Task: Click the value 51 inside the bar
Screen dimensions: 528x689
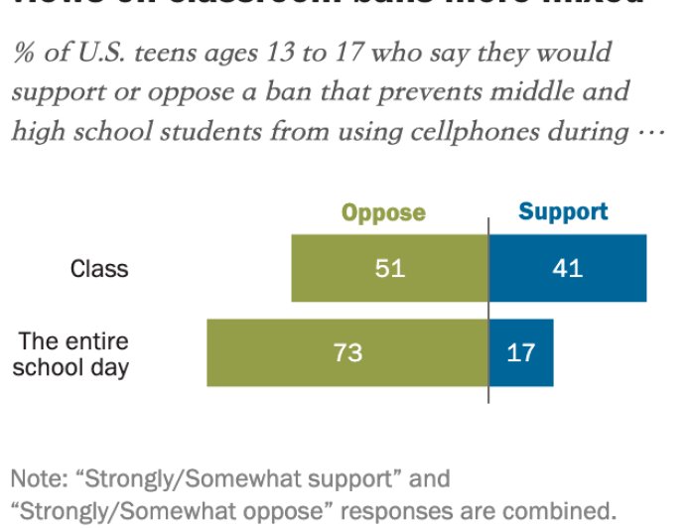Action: pyautogui.click(x=390, y=268)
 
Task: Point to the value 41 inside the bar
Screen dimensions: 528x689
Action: pyautogui.click(x=568, y=268)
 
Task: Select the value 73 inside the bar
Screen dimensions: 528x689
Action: pyautogui.click(x=348, y=352)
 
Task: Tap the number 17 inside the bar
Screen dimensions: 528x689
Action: pyautogui.click(x=520, y=352)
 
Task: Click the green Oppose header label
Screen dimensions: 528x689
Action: pyautogui.click(x=383, y=212)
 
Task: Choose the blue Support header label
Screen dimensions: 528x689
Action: pyautogui.click(x=563, y=211)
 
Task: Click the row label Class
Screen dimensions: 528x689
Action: pyautogui.click(x=98, y=268)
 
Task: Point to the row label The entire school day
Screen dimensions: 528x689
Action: pyautogui.click(x=73, y=354)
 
